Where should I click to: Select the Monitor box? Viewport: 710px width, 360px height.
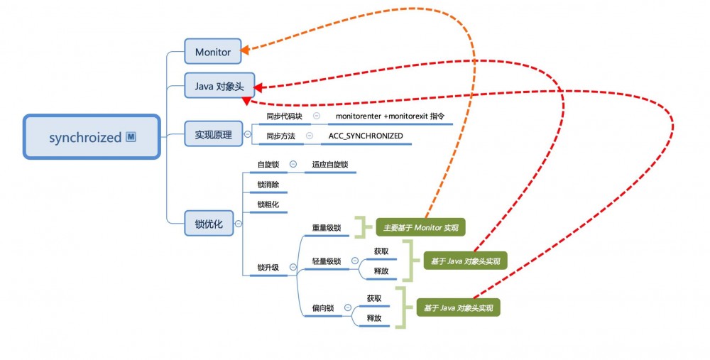click(213, 51)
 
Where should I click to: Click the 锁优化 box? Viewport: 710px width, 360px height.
click(209, 224)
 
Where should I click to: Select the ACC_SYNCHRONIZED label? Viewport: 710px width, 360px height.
click(366, 136)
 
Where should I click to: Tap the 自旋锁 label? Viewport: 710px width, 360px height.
click(268, 165)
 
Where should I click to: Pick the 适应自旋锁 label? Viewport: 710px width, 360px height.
click(330, 165)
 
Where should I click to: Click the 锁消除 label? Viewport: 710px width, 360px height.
click(268, 185)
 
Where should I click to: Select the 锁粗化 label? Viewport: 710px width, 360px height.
click(268, 205)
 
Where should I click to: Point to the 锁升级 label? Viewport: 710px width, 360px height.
click(268, 268)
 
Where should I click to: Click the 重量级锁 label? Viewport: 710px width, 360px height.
click(327, 228)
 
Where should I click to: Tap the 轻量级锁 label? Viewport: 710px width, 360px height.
click(327, 261)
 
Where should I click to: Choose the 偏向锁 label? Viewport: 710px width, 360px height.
click(323, 308)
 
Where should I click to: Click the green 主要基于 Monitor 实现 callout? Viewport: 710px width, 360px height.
click(421, 227)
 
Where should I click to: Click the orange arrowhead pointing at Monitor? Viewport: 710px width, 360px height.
click(244, 50)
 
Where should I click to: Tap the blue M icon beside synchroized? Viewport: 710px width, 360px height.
click(131, 137)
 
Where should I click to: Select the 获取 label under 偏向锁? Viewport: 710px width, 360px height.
click(374, 298)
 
